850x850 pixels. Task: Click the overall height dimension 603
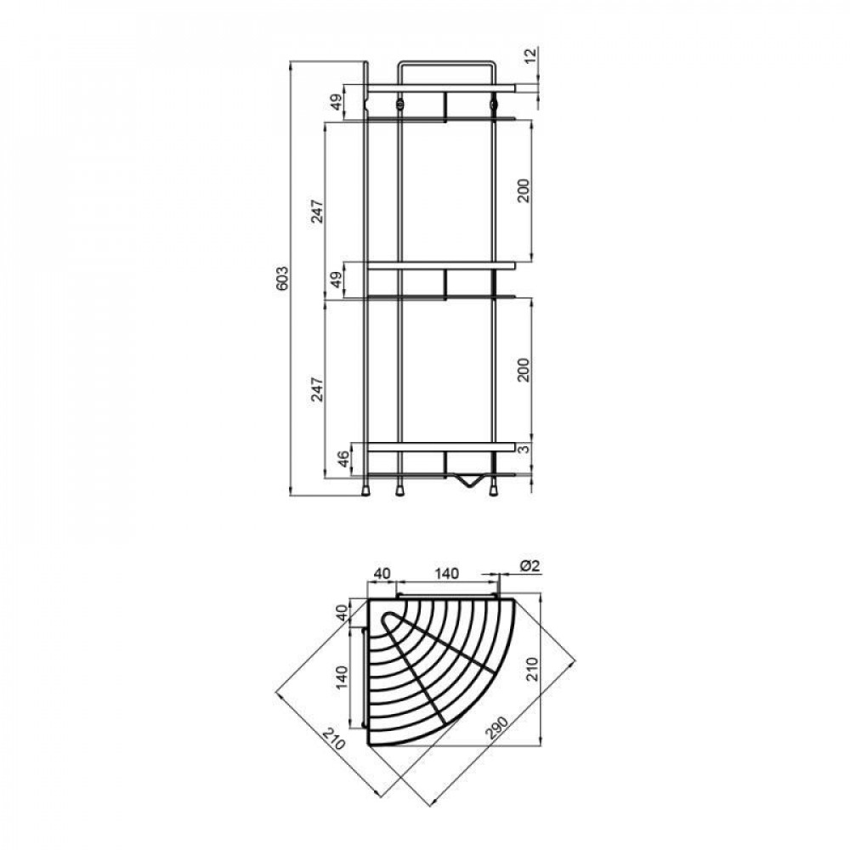tap(283, 279)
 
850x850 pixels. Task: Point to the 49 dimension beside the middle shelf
tap(337, 280)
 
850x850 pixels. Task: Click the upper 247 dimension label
tap(318, 212)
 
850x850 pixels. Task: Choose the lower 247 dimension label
tap(318, 389)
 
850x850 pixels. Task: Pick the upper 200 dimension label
tap(524, 190)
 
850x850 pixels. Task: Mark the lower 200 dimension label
tap(524, 370)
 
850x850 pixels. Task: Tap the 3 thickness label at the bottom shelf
tap(524, 448)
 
